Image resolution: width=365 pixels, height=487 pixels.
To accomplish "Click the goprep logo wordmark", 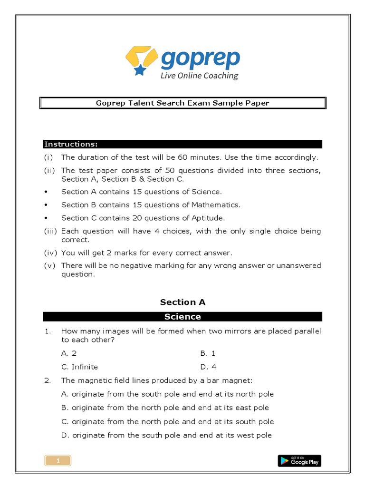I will point(200,58).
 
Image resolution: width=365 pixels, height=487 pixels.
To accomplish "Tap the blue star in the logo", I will point(140,70).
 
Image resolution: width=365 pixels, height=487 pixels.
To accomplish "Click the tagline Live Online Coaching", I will point(199,76).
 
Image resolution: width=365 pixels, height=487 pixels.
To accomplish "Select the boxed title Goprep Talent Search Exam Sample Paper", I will point(182,103).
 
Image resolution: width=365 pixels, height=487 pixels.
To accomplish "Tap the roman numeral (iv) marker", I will point(50,253).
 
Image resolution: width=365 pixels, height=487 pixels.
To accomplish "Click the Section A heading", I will point(182,302).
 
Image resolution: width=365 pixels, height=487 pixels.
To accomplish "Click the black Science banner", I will point(182,317).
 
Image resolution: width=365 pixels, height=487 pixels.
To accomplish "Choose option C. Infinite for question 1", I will point(80,367).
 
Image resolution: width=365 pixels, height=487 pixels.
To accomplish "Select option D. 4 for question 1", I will point(209,367).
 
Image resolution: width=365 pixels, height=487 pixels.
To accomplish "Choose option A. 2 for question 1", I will point(69,353).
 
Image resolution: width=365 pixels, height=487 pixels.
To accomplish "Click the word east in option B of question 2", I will point(242,408).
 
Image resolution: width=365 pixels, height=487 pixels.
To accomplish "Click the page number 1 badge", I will point(58,460).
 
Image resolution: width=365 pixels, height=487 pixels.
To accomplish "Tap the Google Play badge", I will point(299,460).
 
